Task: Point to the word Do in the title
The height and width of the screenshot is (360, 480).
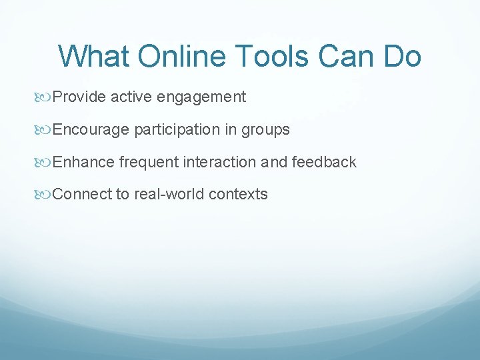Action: tap(402, 56)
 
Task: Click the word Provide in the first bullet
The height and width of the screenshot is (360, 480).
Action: tap(79, 97)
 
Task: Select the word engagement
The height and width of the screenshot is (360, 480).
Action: tap(201, 97)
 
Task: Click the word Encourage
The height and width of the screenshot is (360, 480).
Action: tap(91, 129)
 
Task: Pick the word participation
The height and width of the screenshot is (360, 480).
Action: tap(177, 129)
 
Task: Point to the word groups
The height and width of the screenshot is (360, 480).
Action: tap(265, 130)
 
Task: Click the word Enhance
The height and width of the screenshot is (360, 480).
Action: tap(83, 162)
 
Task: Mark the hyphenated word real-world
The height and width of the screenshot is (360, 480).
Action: tap(169, 194)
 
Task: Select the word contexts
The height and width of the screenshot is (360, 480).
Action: tap(238, 194)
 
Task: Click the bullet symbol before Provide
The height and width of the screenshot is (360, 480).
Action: tap(45, 97)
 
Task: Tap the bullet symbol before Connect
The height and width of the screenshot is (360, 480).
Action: tap(45, 195)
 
